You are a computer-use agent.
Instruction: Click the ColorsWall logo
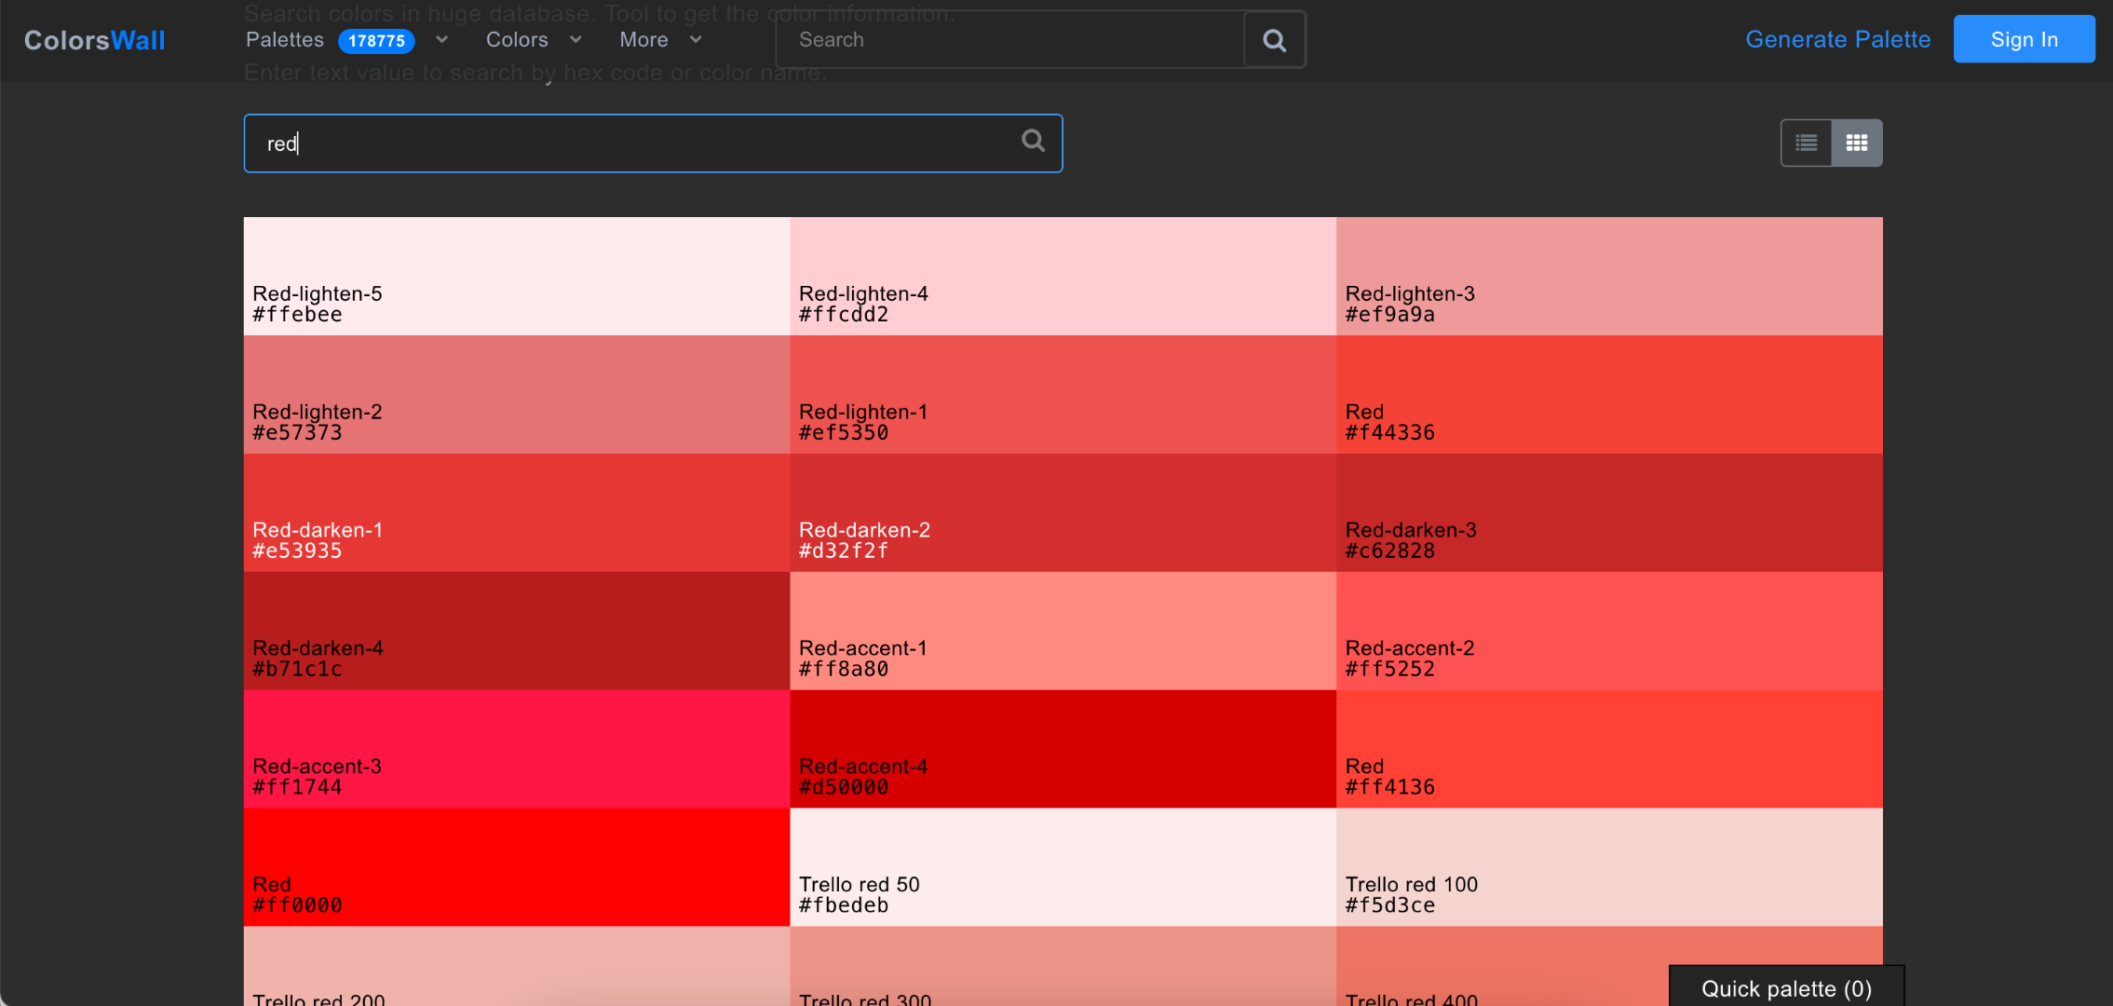coord(94,40)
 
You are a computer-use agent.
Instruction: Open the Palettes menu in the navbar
coord(285,40)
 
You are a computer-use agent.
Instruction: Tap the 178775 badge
coord(376,41)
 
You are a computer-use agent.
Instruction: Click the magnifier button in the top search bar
coord(1274,40)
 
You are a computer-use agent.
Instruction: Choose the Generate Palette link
coord(1837,39)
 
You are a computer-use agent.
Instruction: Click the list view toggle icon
coord(1807,143)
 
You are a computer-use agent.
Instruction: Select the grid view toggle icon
coord(1857,143)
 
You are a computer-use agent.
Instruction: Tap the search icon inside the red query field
coord(1033,141)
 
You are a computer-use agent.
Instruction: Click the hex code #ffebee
coord(298,315)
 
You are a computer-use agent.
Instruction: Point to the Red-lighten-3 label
coord(1410,293)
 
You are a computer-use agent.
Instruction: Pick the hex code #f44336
coord(1389,433)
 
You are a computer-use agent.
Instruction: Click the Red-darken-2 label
coord(864,530)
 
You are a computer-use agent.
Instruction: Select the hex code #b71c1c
coord(298,670)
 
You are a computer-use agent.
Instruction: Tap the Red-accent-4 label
coord(863,767)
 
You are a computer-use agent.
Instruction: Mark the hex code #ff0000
coord(298,905)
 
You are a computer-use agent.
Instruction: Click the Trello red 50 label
coord(859,885)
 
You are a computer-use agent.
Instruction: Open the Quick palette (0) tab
coord(1785,988)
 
